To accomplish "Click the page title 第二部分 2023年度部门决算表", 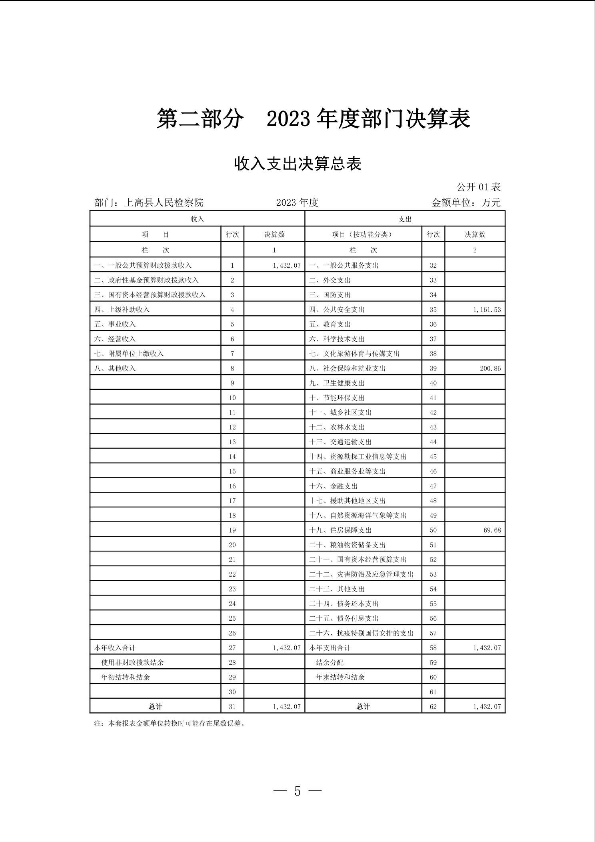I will (313, 119).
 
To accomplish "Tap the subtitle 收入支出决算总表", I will (297, 164).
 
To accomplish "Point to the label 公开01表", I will (478, 187).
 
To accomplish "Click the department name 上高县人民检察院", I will (164, 202).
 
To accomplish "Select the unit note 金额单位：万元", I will (466, 202).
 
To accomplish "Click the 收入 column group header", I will (197, 219).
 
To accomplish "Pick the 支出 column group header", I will (405, 219).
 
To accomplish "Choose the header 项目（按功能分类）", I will (363, 235).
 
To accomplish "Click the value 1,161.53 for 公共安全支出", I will (487, 310).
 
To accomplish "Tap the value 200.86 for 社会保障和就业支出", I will (490, 369).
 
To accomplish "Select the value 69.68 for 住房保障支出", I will (491, 530).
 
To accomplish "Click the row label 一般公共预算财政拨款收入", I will (143, 265).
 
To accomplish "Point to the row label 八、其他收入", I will (115, 369).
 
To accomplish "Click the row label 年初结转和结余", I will (126, 677).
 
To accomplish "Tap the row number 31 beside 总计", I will (232, 707).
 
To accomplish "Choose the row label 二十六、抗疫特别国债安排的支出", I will (361, 633).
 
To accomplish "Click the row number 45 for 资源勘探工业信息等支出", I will (433, 457).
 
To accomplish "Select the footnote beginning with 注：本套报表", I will (169, 724).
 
